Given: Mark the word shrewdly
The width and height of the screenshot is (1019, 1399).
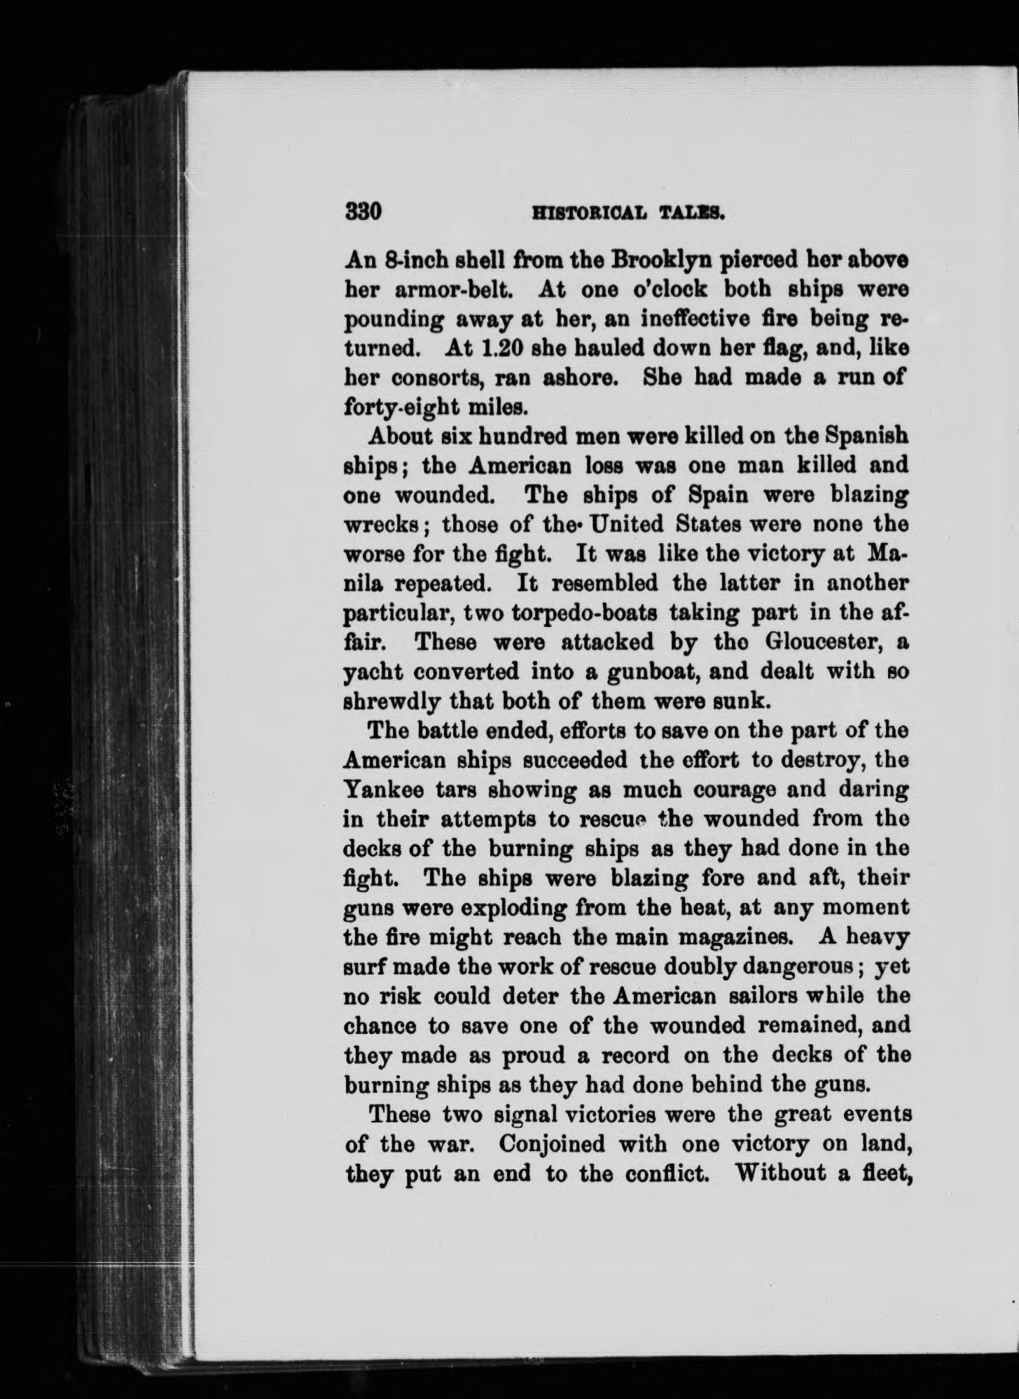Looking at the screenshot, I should point(391,701).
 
